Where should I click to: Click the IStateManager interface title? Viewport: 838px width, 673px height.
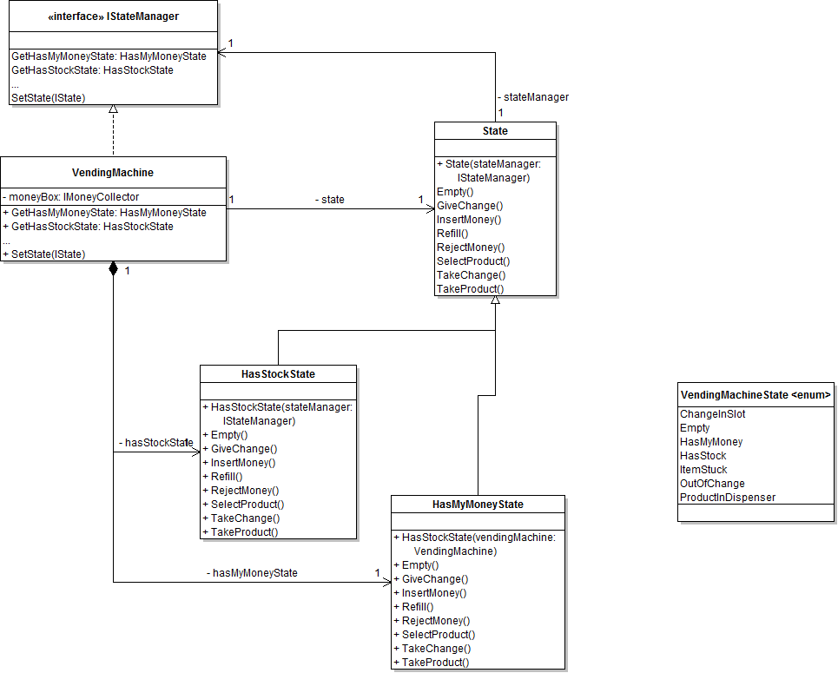(113, 16)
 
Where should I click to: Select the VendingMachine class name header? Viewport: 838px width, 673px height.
(113, 173)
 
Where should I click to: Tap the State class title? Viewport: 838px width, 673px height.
(495, 131)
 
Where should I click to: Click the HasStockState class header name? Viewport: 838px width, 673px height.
(278, 374)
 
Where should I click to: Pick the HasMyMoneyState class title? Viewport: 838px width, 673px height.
(478, 505)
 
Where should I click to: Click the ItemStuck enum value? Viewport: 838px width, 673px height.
(703, 470)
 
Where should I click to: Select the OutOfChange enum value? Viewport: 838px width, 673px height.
(712, 484)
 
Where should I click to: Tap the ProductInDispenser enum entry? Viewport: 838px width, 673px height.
(728, 498)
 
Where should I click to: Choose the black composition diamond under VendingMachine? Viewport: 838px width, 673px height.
(113, 268)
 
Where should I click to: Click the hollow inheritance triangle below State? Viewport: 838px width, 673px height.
(495, 300)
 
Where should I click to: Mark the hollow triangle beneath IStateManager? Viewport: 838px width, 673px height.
(113, 110)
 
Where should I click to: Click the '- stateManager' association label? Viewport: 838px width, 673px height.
(533, 97)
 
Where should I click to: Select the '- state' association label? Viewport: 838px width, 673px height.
(329, 200)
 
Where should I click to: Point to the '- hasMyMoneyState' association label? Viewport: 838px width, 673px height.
(252, 573)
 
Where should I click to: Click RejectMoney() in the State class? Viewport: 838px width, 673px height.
(471, 247)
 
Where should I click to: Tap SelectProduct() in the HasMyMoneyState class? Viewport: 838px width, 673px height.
(436, 635)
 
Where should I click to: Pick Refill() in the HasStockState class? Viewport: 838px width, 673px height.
(227, 477)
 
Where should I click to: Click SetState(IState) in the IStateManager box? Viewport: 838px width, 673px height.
(49, 98)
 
